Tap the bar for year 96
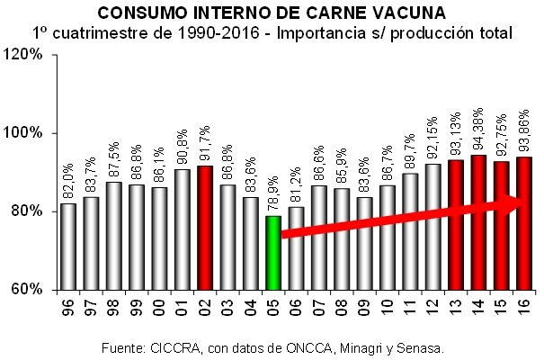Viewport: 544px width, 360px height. pyautogui.click(x=67, y=247)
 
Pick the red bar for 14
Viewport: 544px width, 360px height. pyautogui.click(x=479, y=222)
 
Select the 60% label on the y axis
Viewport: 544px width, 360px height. pyautogui.click(x=32, y=290)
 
